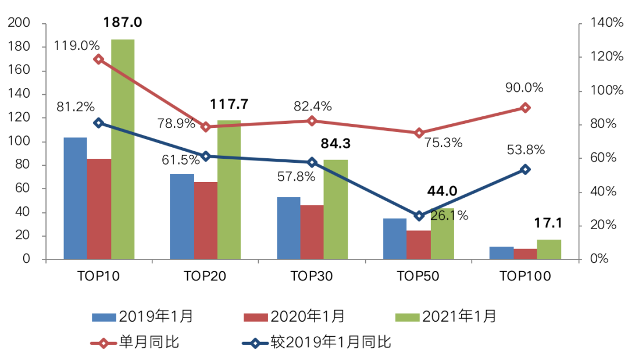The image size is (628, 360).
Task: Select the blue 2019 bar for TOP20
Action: (x=182, y=216)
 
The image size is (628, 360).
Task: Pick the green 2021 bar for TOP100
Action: (x=549, y=249)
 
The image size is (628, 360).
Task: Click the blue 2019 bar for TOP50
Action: (x=395, y=238)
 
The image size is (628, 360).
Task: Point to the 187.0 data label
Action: (x=123, y=23)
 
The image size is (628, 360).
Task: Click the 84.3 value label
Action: (x=336, y=144)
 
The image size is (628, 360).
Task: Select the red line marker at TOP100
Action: (x=525, y=108)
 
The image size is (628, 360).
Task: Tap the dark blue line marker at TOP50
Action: (x=419, y=216)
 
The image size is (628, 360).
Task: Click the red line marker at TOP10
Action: (x=98, y=59)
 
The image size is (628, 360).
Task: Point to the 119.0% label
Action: (x=77, y=45)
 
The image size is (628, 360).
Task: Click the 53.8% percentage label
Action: (x=526, y=149)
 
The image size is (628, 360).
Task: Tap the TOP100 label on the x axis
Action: (x=525, y=276)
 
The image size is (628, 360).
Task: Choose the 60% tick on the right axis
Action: (x=604, y=158)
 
